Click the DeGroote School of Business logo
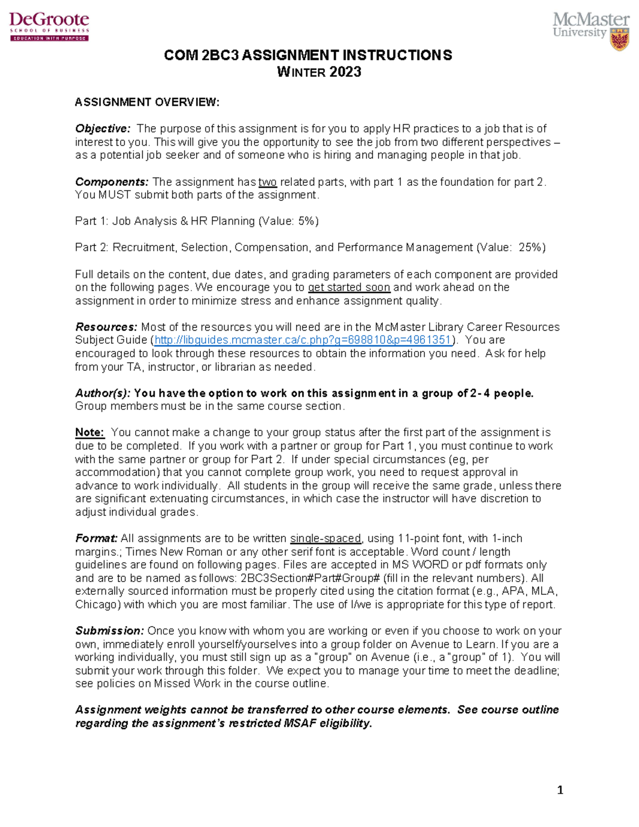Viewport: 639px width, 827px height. point(49,26)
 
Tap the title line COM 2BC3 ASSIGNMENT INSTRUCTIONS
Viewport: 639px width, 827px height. point(308,55)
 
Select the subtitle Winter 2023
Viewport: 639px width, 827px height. point(319,72)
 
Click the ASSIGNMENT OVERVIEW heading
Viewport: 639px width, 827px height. point(147,102)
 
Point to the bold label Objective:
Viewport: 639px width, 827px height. point(102,129)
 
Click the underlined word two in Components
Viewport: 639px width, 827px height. point(267,182)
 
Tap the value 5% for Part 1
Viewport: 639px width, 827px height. point(306,221)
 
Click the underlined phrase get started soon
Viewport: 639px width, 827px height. point(349,288)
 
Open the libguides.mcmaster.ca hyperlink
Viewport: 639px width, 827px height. point(302,340)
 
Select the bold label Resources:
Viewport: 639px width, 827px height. point(106,327)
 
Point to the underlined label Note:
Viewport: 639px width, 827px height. point(89,432)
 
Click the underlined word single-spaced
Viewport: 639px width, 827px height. point(325,538)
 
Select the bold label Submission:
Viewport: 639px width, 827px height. point(109,631)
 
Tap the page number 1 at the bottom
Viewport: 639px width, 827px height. point(560,790)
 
